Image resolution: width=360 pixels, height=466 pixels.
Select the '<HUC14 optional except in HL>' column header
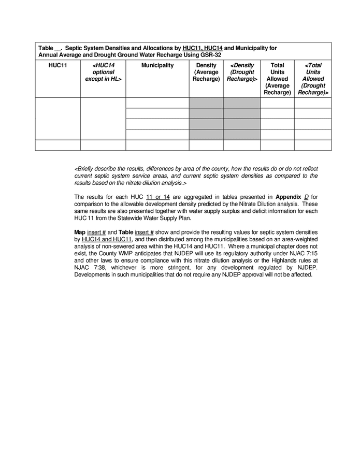tap(103, 72)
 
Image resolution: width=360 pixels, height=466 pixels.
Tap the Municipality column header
tap(157, 66)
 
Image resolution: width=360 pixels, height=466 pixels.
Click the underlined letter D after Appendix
tap(306, 197)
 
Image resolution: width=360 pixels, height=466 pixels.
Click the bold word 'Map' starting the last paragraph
tap(80, 232)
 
